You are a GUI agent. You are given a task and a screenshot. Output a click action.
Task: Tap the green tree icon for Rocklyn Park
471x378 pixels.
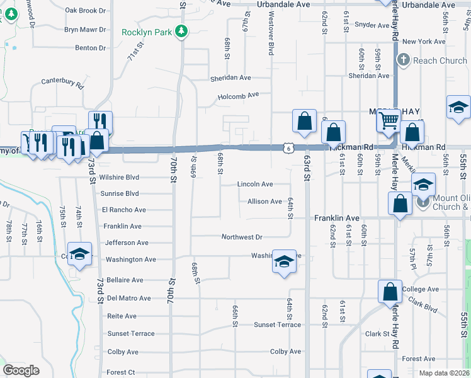[181, 30]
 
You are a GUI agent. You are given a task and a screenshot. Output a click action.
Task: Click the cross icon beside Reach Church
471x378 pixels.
[404, 60]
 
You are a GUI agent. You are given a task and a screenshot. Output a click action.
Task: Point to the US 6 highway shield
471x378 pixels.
[287, 148]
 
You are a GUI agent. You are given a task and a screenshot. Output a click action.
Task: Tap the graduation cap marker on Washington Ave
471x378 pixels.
[284, 261]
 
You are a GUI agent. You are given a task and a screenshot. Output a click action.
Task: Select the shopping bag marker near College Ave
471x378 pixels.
[390, 292]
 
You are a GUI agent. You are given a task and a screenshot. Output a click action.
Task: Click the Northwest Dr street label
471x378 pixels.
[242, 238]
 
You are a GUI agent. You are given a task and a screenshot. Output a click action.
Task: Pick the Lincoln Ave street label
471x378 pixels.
[255, 185]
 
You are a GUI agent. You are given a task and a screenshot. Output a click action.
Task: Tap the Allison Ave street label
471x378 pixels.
[264, 202]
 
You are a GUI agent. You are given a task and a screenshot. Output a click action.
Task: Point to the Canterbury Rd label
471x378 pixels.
[62, 81]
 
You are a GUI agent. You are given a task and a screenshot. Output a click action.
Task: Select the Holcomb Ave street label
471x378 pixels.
[239, 96]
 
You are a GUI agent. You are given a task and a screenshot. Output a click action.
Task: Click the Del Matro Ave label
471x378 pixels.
[129, 298]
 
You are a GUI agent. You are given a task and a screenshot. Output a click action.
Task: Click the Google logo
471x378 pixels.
[21, 370]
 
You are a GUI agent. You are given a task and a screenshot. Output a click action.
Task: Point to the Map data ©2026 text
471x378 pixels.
[444, 373]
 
